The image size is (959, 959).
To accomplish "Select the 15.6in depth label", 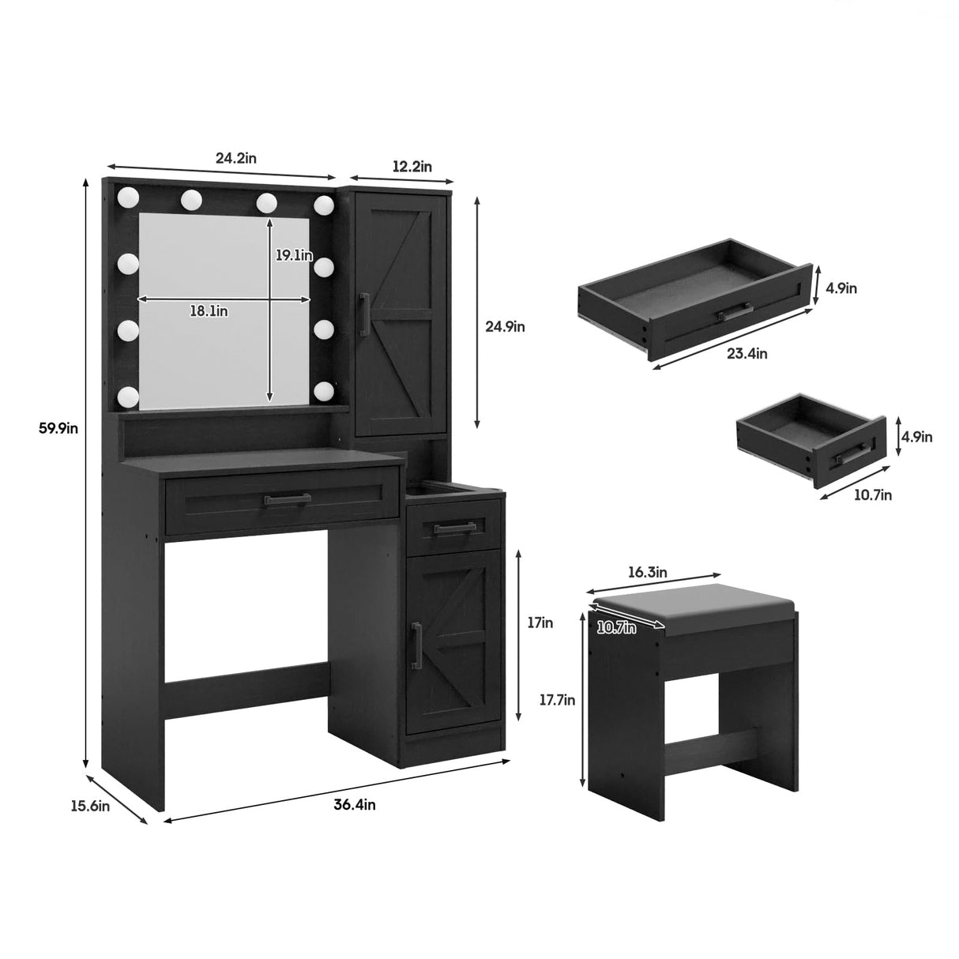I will pyautogui.click(x=90, y=806).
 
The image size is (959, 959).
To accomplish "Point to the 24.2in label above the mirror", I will pyautogui.click(x=235, y=158).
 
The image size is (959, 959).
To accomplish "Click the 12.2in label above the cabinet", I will pyautogui.click(x=412, y=166).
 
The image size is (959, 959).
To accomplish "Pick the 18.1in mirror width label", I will pyautogui.click(x=209, y=310).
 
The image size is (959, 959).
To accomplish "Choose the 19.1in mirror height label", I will pyautogui.click(x=294, y=255).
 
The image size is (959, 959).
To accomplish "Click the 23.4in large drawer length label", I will pyautogui.click(x=746, y=353).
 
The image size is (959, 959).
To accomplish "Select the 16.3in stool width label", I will pyautogui.click(x=646, y=571).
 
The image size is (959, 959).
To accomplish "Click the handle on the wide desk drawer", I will pyautogui.click(x=288, y=499).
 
